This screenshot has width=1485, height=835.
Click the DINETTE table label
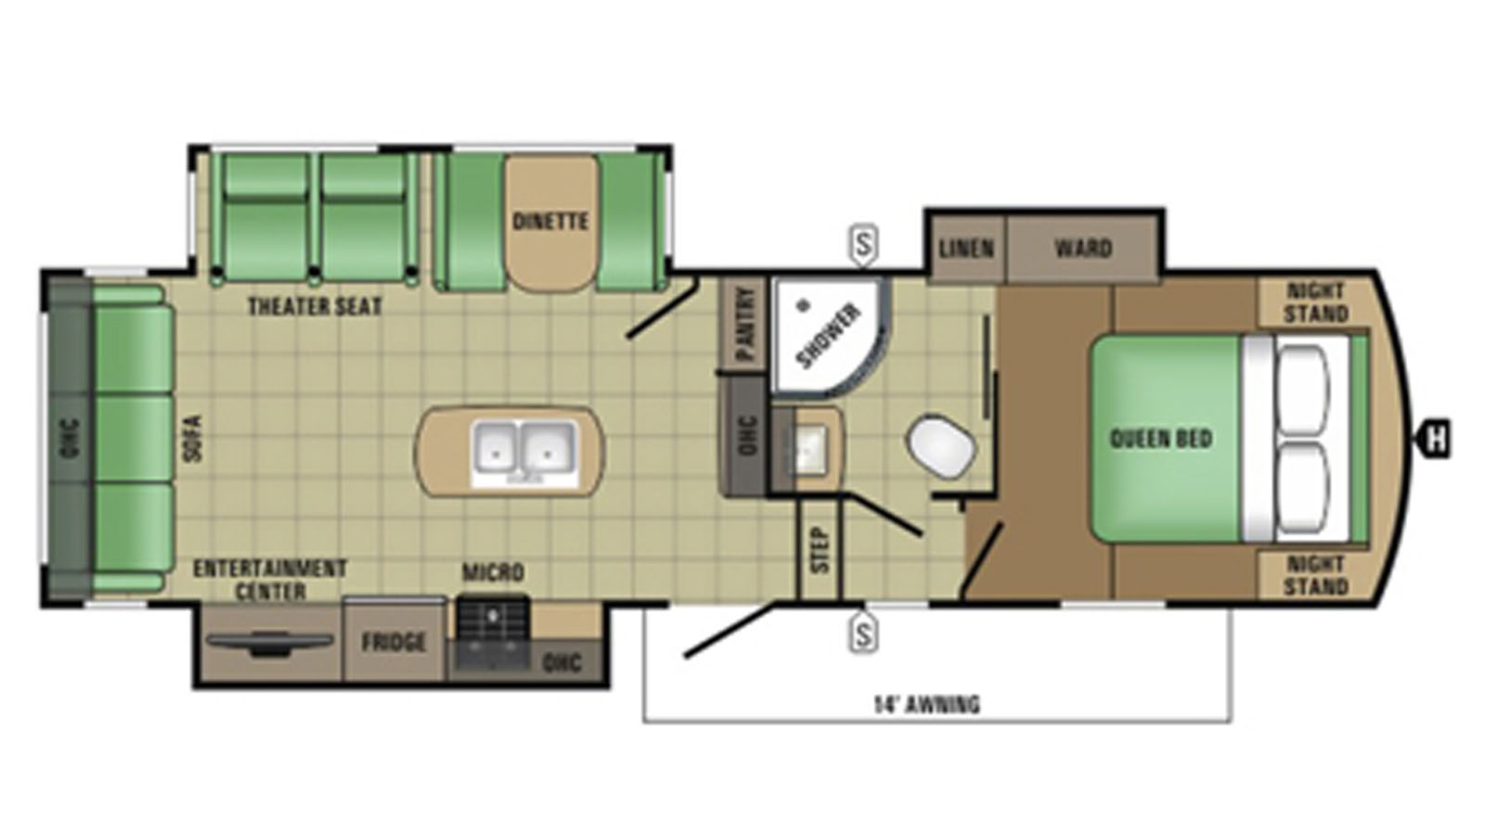(x=550, y=221)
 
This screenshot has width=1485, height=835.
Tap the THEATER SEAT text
(x=315, y=306)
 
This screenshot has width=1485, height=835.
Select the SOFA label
(x=193, y=438)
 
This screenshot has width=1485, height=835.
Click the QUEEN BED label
(x=1161, y=438)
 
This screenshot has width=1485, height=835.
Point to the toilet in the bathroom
(x=941, y=445)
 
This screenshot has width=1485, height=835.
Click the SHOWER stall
(x=830, y=338)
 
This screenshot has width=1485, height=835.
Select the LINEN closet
(x=966, y=249)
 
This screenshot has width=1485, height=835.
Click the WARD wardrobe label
(x=1082, y=249)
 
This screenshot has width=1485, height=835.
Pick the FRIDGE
(x=394, y=641)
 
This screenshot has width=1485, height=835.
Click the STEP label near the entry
(x=820, y=549)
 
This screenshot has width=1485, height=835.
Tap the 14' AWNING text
(x=926, y=704)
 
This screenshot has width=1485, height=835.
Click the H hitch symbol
(x=1434, y=439)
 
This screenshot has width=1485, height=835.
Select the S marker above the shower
(x=863, y=245)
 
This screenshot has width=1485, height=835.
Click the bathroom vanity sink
(x=807, y=449)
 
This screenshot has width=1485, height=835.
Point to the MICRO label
(x=493, y=572)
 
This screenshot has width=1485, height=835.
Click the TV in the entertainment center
(x=270, y=643)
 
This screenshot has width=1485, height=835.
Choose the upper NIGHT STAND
(x=1314, y=302)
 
